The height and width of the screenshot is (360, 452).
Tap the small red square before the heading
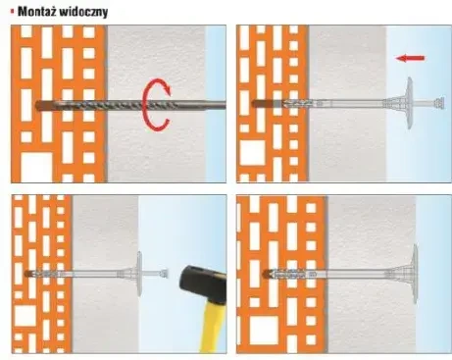click(9, 11)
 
